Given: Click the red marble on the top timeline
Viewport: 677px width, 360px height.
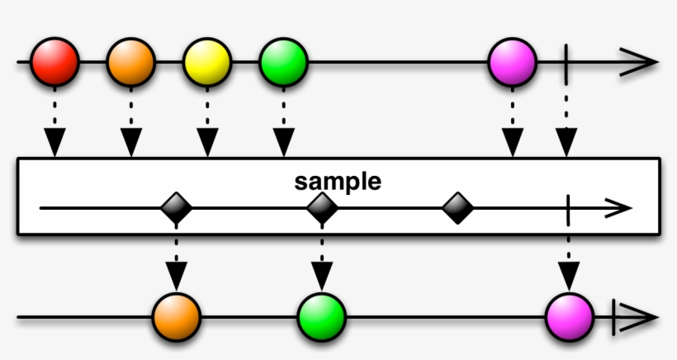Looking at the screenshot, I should [x=54, y=62].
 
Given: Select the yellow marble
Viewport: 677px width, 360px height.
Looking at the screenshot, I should [x=206, y=62].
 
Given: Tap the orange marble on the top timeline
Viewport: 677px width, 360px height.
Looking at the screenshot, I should [x=130, y=62].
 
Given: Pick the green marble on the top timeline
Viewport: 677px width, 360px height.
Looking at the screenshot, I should [x=283, y=62].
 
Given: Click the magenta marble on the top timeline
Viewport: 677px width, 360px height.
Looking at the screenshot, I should [x=513, y=62].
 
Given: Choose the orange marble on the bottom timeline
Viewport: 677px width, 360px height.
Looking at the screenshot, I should [x=176, y=317].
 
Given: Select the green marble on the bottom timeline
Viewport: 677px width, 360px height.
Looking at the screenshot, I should [x=321, y=317].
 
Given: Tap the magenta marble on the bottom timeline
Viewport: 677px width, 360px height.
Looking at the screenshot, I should [x=570, y=317].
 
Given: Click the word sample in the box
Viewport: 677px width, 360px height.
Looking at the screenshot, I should [x=338, y=182].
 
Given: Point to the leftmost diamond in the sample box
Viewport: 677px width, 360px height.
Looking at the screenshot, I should [x=176, y=208].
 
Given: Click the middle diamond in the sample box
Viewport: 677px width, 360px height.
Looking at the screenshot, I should [x=322, y=208].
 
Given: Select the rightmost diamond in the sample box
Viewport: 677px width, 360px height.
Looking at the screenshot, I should [x=457, y=208].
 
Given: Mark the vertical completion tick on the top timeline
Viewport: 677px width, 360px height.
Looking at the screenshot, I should [x=566, y=63].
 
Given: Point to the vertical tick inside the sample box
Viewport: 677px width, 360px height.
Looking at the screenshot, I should [x=569, y=208].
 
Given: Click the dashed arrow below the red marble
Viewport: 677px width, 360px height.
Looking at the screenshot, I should [x=54, y=129].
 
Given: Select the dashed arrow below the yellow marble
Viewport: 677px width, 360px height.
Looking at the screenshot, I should [x=206, y=129].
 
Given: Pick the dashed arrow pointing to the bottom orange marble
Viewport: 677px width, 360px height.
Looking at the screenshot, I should [x=176, y=263].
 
